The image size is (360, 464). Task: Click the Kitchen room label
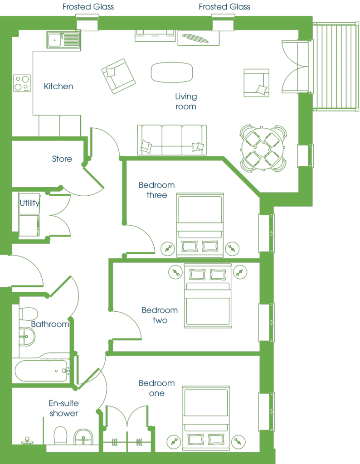(58, 86)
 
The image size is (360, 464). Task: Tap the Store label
(62, 159)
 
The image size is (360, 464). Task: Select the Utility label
(29, 203)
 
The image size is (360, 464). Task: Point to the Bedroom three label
(156, 190)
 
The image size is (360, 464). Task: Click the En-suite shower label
(63, 408)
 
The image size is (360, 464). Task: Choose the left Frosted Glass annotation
(88, 6)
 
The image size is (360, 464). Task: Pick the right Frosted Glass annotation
(224, 6)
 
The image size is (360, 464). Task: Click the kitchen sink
(63, 40)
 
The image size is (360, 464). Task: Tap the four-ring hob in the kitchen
(22, 83)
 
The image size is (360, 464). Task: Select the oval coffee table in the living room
(172, 72)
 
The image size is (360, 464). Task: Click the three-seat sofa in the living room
(172, 140)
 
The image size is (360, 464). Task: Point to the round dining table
(263, 148)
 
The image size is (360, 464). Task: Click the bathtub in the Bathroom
(41, 371)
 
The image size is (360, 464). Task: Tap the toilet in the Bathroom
(29, 314)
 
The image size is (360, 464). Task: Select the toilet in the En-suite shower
(60, 435)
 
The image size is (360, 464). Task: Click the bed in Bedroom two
(208, 296)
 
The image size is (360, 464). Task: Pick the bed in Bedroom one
(206, 418)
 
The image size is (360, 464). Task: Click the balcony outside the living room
(336, 67)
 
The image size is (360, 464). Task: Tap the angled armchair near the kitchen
(118, 76)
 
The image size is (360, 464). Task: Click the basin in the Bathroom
(27, 337)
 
